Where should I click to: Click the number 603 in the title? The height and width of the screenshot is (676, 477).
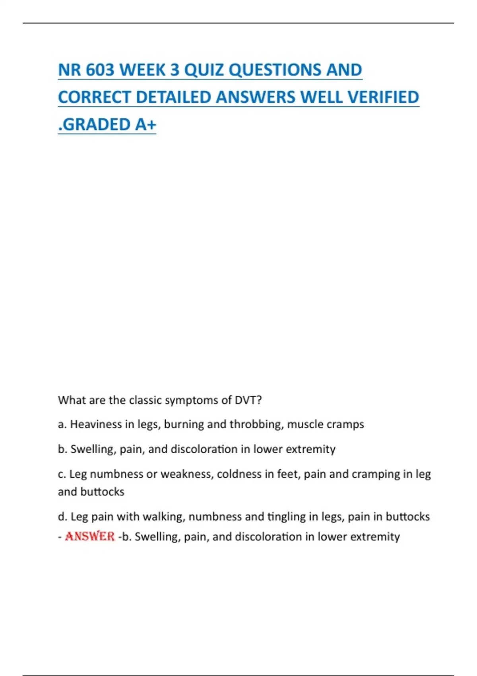pos(100,70)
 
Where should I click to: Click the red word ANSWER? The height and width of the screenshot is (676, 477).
pos(90,536)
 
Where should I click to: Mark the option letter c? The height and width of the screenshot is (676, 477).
pos(61,474)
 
